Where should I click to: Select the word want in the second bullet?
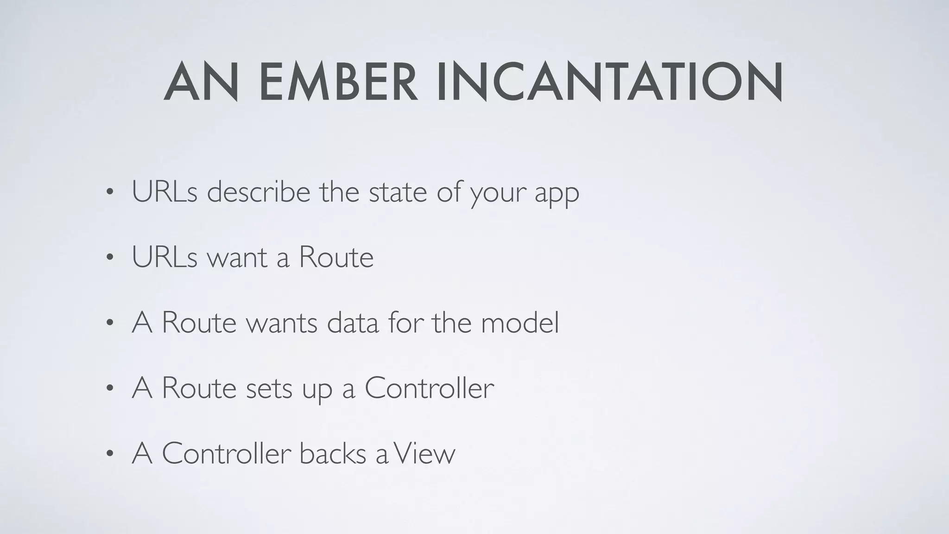[237, 257]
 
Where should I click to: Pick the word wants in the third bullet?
[281, 323]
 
